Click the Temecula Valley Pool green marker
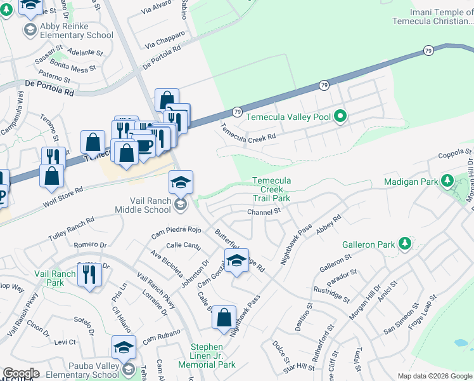point(340,116)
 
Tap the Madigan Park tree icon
point(446,182)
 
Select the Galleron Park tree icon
point(404,244)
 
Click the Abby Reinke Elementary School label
point(67,30)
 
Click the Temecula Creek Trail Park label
point(271,189)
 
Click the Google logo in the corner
point(21,373)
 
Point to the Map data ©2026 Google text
point(435,376)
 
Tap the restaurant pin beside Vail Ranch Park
point(88,274)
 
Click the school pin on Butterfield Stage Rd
point(236,261)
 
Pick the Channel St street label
point(264,212)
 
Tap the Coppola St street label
point(456,154)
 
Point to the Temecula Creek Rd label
point(248,132)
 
